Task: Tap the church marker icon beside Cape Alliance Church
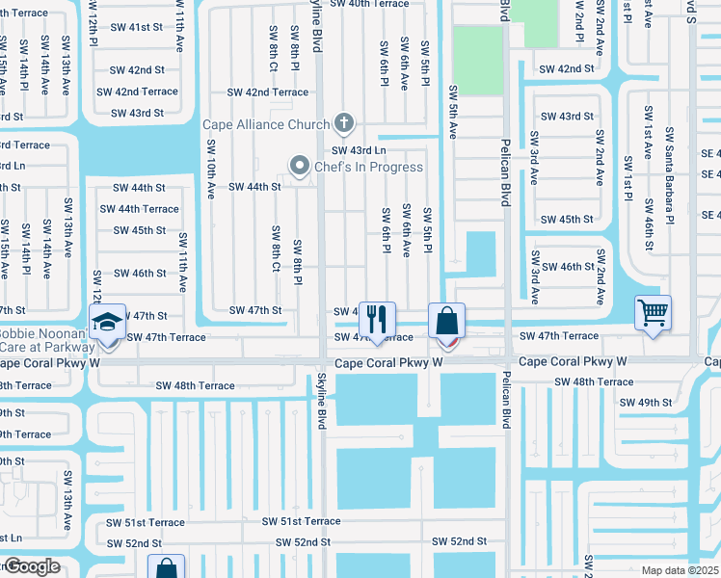point(342,123)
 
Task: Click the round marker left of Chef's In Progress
point(299,167)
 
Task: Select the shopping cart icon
point(654,312)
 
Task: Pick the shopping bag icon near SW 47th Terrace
point(447,321)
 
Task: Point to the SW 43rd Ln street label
point(359,150)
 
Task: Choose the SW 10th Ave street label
point(210,169)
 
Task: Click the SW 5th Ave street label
point(451,111)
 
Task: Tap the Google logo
point(31,566)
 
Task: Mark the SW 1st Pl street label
point(628,171)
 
